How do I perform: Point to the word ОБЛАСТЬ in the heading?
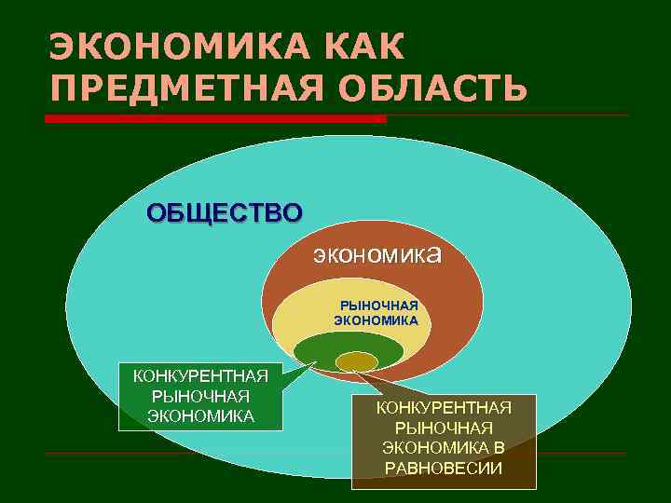point(436,88)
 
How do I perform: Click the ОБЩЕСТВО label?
point(224,212)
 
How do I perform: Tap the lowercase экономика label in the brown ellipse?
point(377,253)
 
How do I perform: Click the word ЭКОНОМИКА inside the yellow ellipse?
point(377,319)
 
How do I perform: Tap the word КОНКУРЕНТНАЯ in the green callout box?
point(200,376)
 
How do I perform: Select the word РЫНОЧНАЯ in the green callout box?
point(200,396)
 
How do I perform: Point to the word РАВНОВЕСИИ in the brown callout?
point(444,468)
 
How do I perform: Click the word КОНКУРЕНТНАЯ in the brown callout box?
point(444,407)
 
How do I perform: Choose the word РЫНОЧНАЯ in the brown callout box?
point(444,428)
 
